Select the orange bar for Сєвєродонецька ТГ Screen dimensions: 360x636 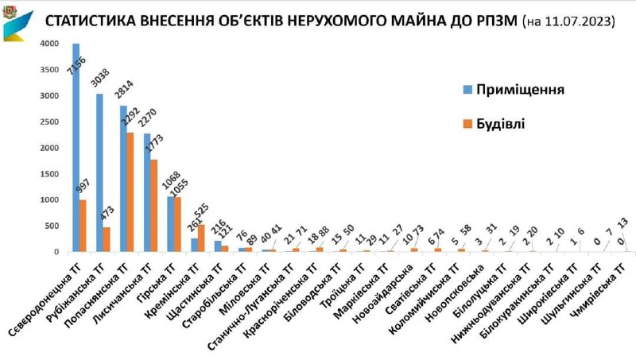coord(83,226)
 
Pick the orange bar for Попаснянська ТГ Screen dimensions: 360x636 coord(130,192)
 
